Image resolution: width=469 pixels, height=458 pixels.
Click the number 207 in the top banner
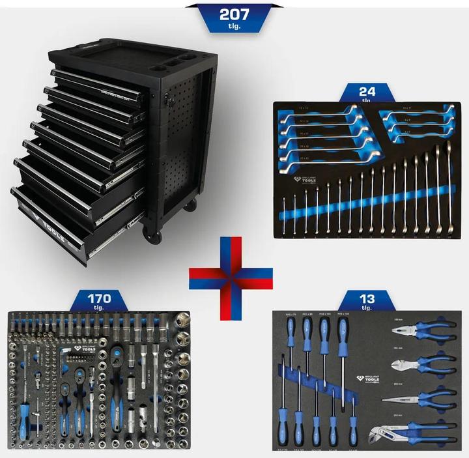(234, 13)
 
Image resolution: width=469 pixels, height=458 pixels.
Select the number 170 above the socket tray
(100, 299)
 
